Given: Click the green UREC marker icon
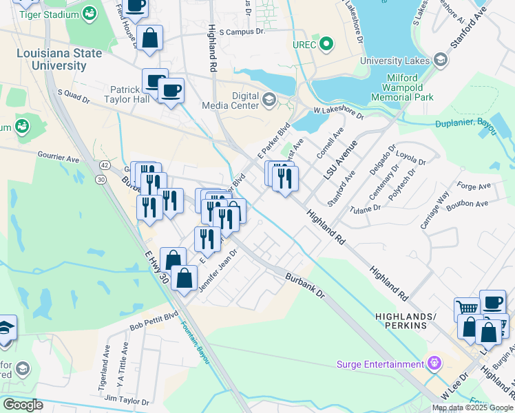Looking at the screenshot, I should point(328,46).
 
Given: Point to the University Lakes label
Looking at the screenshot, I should point(395,61).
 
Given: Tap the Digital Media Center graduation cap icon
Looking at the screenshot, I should point(269,100).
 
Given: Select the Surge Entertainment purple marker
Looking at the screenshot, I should point(434,362).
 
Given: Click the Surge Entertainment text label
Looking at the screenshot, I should point(380,364).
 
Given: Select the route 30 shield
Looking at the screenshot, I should point(101,179).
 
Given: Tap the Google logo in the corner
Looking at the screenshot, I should point(23,405).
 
